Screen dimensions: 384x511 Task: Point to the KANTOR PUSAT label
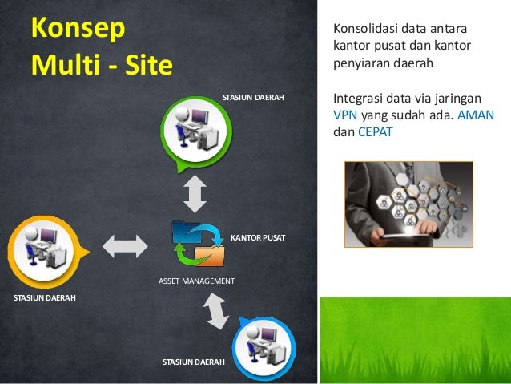click(258, 239)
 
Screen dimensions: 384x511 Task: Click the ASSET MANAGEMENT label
click(196, 281)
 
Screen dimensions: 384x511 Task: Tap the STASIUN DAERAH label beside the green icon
click(253, 98)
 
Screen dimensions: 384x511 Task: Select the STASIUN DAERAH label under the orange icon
click(45, 297)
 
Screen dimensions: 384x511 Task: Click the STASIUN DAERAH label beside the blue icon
click(193, 363)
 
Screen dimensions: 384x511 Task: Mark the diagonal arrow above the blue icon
click(215, 311)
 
